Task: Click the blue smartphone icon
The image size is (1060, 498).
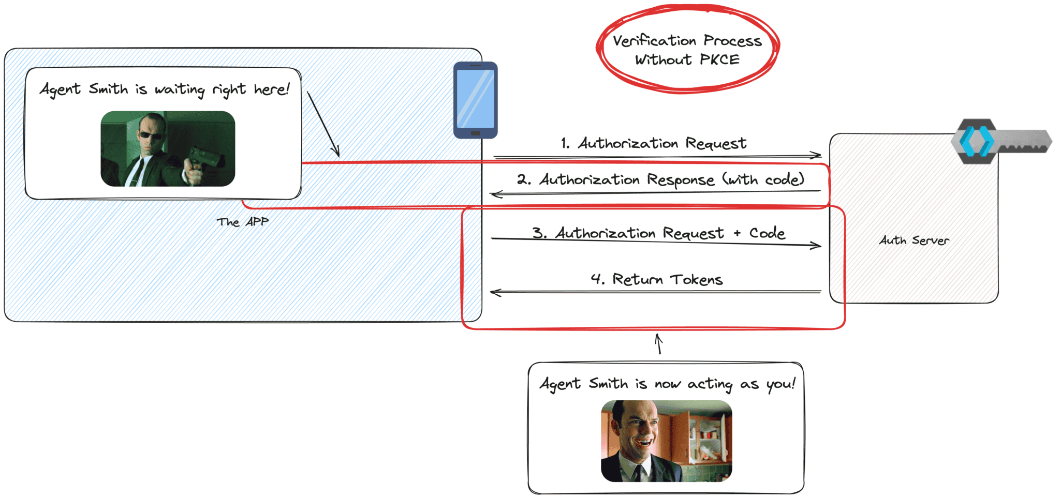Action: [x=475, y=100]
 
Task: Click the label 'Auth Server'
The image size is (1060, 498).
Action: [x=914, y=240]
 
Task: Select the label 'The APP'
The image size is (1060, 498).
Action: [x=243, y=222]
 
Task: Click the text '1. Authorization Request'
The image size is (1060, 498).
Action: [x=653, y=143]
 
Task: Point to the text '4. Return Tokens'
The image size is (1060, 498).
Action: [x=656, y=280]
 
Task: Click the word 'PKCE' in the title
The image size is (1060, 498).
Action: [x=719, y=60]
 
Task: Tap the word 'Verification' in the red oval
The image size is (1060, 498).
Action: [x=654, y=41]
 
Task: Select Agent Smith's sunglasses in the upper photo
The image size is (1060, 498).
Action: [x=150, y=135]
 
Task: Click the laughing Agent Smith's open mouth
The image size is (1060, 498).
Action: [x=644, y=442]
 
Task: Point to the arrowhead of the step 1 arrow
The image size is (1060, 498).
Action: [x=818, y=155]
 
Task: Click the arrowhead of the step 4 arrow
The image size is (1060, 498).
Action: [x=494, y=293]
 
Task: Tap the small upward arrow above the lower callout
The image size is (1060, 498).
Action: [x=658, y=343]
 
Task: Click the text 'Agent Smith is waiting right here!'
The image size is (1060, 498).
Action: [x=164, y=89]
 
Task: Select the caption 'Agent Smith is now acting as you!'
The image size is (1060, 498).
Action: [x=667, y=384]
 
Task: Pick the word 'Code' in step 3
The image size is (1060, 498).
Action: [x=767, y=233]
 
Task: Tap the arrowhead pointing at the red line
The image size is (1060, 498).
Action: [x=337, y=153]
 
